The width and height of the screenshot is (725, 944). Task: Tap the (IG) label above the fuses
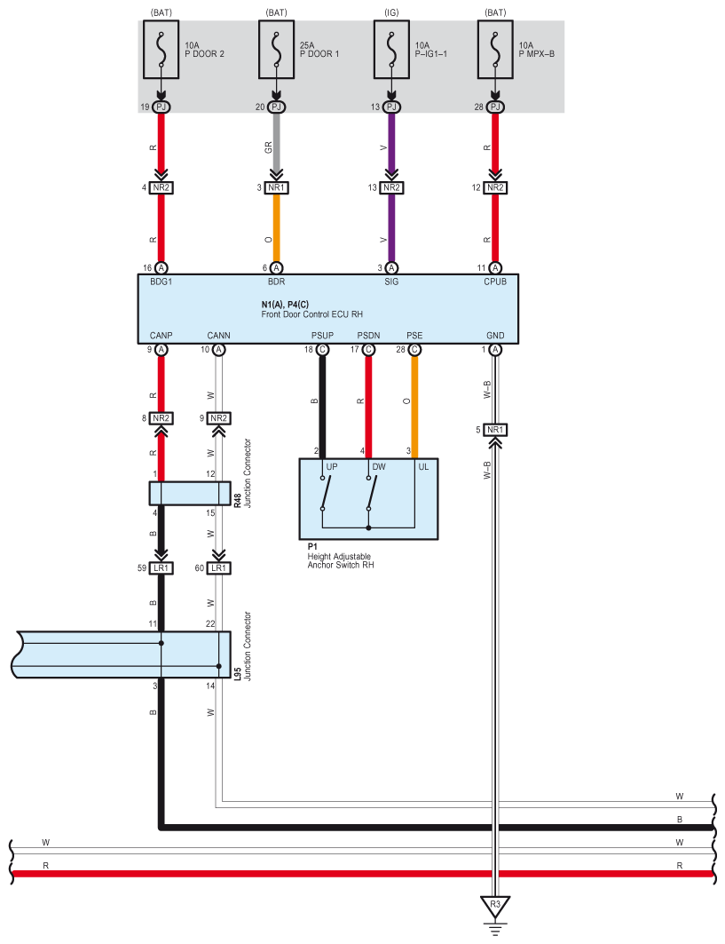(391, 12)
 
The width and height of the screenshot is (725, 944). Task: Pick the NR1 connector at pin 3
(276, 187)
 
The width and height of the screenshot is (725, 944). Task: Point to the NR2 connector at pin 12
(495, 187)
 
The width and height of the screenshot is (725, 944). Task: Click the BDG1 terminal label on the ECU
(161, 282)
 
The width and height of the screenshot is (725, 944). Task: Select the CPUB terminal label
(495, 282)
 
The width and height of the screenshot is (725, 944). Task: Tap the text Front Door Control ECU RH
(312, 314)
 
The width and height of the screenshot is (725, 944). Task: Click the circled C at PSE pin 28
(414, 350)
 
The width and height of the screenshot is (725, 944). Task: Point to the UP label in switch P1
(331, 466)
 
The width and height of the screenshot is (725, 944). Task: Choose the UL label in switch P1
(423, 466)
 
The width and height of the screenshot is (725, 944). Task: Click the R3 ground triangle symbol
(495, 906)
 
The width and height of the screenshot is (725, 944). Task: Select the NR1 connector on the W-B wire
(495, 431)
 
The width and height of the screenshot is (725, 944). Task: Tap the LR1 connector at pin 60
(219, 567)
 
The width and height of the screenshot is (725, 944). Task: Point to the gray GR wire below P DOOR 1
(276, 147)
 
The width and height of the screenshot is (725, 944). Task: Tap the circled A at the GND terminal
(495, 350)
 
